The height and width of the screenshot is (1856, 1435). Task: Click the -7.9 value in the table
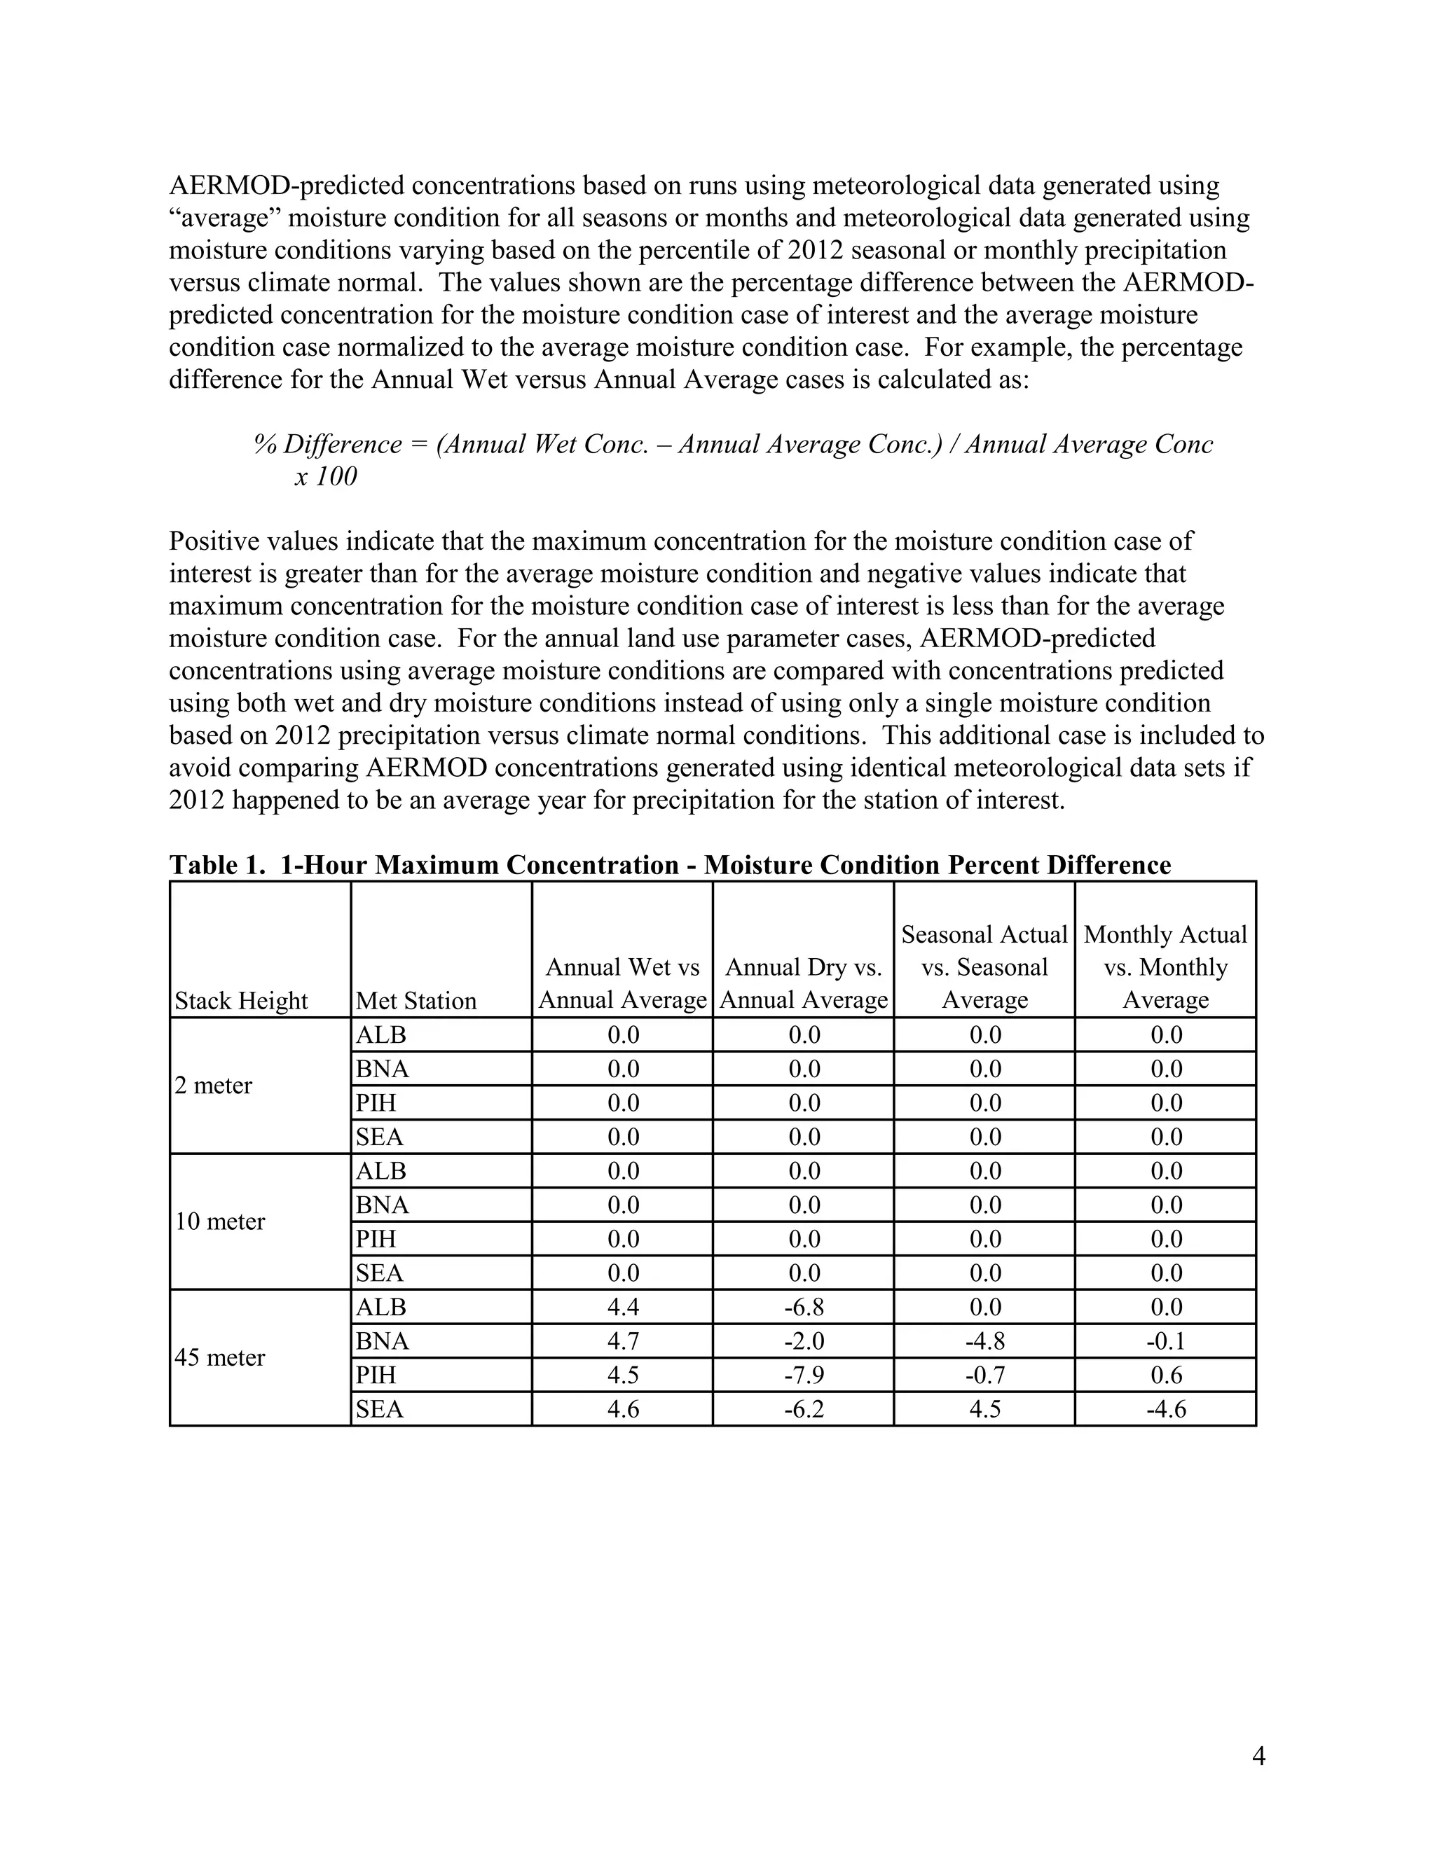(804, 1375)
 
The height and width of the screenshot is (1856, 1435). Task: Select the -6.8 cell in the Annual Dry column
(804, 1307)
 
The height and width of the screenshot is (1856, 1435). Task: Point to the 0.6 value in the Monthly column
(1165, 1375)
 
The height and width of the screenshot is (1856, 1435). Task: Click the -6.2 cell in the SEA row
(804, 1409)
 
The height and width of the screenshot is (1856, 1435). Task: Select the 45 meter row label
(219, 1358)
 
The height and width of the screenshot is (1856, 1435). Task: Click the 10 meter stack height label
(219, 1222)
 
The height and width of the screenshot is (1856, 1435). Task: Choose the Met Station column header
(416, 1000)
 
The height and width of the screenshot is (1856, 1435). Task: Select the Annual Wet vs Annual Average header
(622, 983)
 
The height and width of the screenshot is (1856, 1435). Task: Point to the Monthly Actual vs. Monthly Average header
(1165, 967)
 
